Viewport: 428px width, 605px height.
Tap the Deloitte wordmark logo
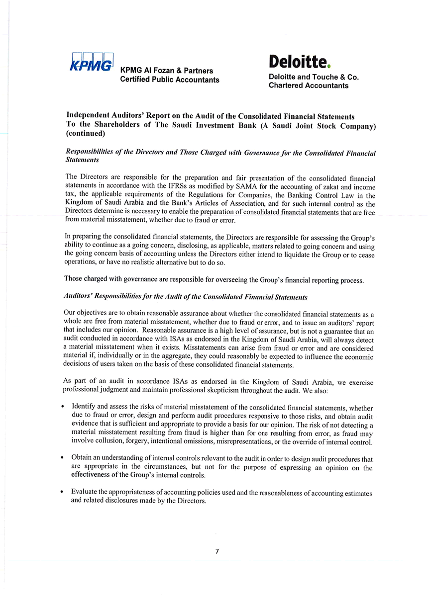click(x=298, y=62)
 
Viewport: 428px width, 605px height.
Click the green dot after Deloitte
click(x=329, y=66)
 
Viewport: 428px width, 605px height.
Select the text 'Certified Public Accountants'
click(x=170, y=80)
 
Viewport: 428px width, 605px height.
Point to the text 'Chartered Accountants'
click(x=309, y=86)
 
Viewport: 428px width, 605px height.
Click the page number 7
click(x=217, y=551)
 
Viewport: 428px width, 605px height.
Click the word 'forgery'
click(x=132, y=442)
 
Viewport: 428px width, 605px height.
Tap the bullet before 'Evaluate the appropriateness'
click(x=62, y=492)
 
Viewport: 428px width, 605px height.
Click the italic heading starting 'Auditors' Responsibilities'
click(x=186, y=297)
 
